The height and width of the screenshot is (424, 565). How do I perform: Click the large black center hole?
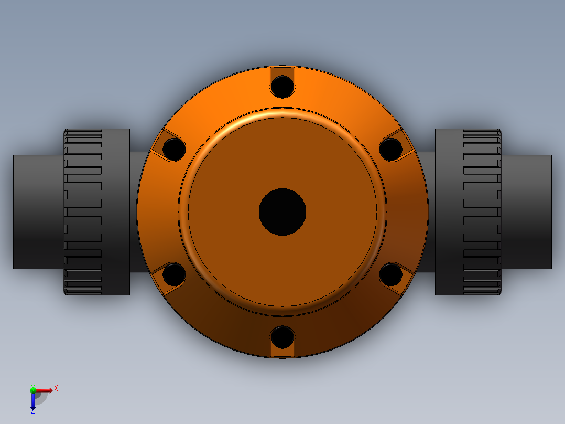click(282, 211)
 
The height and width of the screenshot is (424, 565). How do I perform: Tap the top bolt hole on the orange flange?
click(282, 86)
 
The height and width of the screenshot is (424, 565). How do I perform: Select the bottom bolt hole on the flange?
click(282, 337)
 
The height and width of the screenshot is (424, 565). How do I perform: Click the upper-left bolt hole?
click(174, 149)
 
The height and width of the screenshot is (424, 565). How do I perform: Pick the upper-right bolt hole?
click(390, 149)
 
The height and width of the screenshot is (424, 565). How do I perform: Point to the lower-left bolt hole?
click(174, 274)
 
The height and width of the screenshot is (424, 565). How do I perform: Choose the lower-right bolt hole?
click(390, 274)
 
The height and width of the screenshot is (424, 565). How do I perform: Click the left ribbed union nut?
click(83, 211)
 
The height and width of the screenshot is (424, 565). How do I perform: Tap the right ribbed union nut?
click(482, 211)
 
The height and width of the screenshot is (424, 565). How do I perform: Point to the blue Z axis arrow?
click(33, 401)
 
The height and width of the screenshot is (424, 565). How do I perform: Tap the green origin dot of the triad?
click(33, 390)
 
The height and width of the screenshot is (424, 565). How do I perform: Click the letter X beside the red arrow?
click(56, 388)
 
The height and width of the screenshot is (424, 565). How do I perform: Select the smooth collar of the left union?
click(116, 211)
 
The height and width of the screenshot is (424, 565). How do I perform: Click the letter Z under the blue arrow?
click(33, 411)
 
